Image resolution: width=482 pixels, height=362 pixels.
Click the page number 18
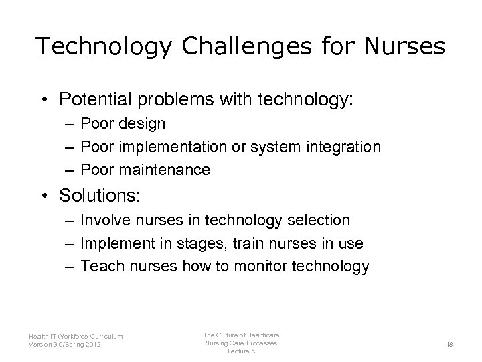pyautogui.click(x=449, y=343)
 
